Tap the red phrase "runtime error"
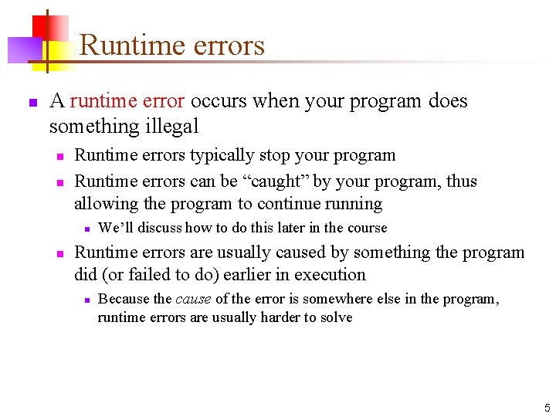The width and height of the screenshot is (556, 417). [x=127, y=101]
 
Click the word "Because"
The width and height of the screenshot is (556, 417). [x=124, y=299]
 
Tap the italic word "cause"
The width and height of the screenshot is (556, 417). [x=194, y=299]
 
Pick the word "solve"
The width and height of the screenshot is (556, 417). [x=335, y=317]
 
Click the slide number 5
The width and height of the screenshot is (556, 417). [x=547, y=408]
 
